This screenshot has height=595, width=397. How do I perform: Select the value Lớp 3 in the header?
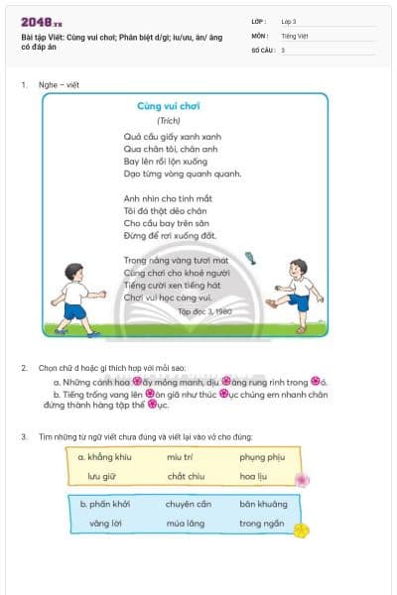(x=289, y=21)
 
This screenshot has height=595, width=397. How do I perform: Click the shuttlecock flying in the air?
(x=250, y=259)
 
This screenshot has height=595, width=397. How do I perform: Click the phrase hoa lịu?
(x=254, y=476)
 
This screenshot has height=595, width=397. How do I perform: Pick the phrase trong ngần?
(x=261, y=523)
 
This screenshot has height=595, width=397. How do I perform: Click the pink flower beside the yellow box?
(x=302, y=479)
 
